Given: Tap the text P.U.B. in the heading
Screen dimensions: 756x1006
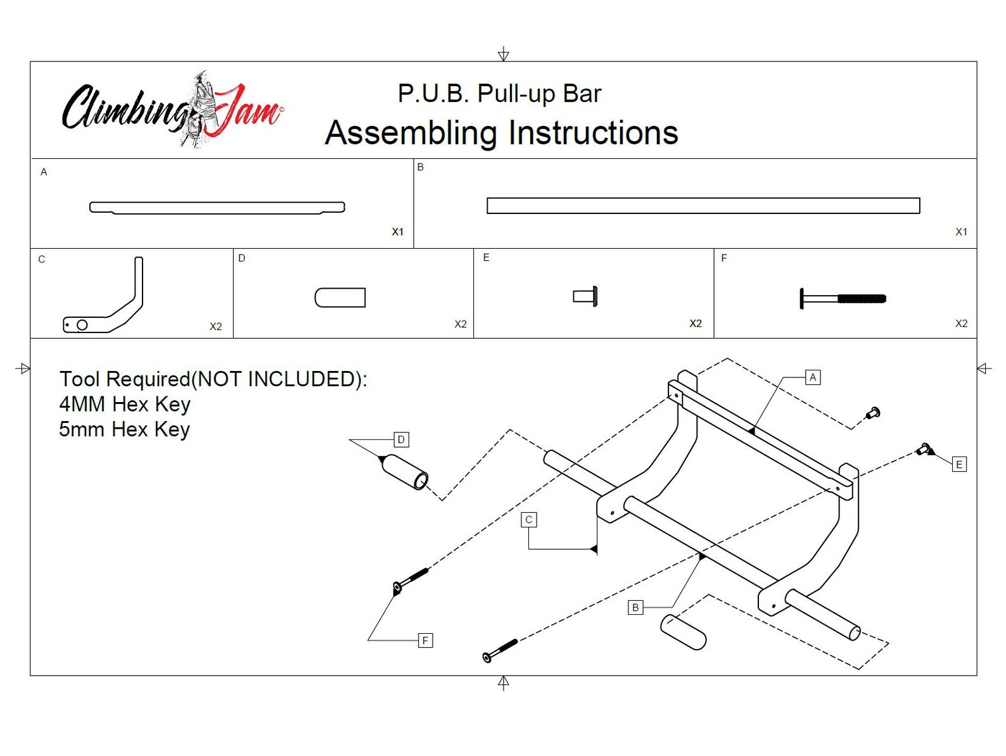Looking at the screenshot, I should click(433, 94).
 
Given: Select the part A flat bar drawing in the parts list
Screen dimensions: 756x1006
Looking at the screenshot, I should click(217, 207).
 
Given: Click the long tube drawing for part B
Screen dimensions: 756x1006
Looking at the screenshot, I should click(703, 206).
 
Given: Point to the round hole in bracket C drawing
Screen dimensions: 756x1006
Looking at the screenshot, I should click(82, 325).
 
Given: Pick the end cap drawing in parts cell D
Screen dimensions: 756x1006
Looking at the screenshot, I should click(340, 298).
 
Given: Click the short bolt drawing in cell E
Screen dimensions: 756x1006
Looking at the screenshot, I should click(585, 296).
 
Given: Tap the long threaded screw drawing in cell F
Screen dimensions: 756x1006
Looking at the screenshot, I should click(843, 298).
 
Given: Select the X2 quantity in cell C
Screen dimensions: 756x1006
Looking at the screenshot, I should click(215, 327).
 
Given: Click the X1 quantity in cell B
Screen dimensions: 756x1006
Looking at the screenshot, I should click(960, 232).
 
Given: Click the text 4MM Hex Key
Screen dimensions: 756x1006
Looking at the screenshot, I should click(125, 404).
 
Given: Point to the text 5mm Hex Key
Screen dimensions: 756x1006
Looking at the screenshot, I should click(125, 429).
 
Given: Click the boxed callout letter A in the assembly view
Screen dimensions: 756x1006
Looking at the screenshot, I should click(813, 377).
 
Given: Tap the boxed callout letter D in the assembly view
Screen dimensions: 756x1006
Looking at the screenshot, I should click(401, 439).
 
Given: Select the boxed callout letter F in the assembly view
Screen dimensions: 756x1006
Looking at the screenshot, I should click(425, 640).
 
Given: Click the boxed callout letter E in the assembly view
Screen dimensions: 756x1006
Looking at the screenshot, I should click(958, 464).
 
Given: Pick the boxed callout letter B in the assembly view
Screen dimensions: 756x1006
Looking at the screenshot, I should click(635, 607).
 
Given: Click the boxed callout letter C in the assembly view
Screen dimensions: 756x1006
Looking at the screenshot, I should click(528, 520).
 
